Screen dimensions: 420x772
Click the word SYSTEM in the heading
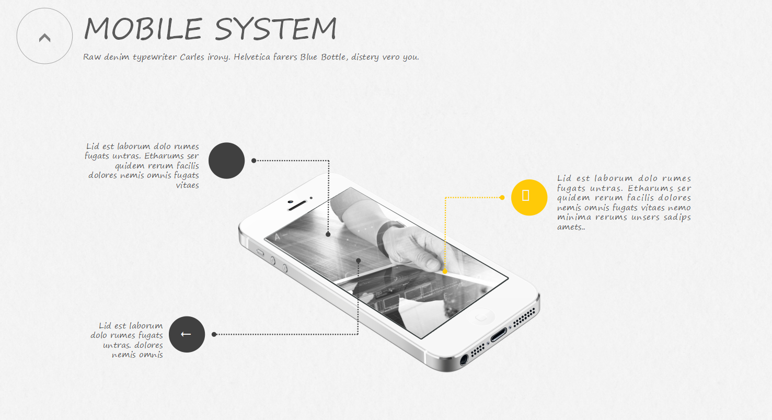pyautogui.click(x=275, y=29)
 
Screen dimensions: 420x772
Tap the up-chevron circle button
pyautogui.click(x=44, y=37)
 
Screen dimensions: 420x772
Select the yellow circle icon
pyautogui.click(x=529, y=197)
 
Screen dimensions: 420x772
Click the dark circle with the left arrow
pyautogui.click(x=187, y=334)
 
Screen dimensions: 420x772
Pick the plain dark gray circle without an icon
pyautogui.click(x=226, y=161)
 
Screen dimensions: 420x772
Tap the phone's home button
pyautogui.click(x=483, y=316)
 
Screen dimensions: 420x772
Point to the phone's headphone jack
pyautogui.click(x=464, y=359)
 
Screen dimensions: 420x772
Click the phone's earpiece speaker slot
pyautogui.click(x=296, y=205)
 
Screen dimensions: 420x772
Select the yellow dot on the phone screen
pyautogui.click(x=445, y=271)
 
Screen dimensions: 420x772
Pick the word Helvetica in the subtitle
pyautogui.click(x=252, y=57)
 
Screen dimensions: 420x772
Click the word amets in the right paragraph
pyautogui.click(x=570, y=227)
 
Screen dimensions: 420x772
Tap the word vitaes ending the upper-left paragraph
pyautogui.click(x=187, y=185)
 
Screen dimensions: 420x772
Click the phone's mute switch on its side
pyautogui.click(x=260, y=252)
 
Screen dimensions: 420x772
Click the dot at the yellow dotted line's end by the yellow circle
pyautogui.click(x=502, y=198)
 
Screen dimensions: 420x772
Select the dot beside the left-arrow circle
pyautogui.click(x=214, y=334)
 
